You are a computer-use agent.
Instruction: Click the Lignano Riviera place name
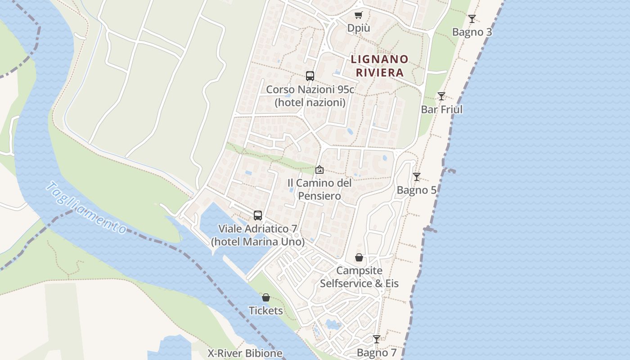[x=379, y=66]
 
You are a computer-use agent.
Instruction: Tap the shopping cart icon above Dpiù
[x=358, y=15]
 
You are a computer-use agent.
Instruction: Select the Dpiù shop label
[x=359, y=28]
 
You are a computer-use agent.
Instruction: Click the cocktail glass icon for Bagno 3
[x=472, y=19]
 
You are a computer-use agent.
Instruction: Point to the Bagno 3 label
[x=472, y=32]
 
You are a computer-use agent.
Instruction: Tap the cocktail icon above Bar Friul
[x=441, y=96]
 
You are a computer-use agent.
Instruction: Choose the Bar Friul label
[x=441, y=109]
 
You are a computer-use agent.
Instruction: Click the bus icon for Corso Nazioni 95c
[x=310, y=76]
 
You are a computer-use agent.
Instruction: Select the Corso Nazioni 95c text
[x=310, y=89]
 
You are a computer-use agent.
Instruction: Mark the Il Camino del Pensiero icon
[x=319, y=170]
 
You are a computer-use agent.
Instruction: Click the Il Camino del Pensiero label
[x=319, y=189]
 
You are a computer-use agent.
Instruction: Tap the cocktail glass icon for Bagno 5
[x=417, y=177]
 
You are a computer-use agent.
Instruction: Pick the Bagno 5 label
[x=417, y=190]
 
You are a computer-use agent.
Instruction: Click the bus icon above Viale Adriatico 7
[x=258, y=216]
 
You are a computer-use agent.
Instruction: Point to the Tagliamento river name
[x=86, y=207]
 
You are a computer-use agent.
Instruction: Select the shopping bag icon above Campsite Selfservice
[x=359, y=258]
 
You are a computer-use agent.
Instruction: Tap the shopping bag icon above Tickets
[x=266, y=297]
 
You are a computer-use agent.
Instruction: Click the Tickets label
[x=266, y=310]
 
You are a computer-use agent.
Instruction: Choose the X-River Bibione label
[x=245, y=353]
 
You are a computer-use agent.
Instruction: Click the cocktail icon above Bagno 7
[x=377, y=339]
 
